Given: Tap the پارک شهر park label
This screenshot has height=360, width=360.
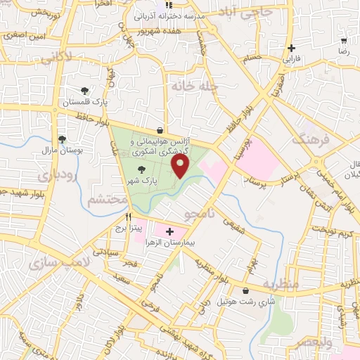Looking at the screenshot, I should pos(143,181).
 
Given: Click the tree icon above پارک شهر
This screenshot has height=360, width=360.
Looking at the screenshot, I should pos(143,169).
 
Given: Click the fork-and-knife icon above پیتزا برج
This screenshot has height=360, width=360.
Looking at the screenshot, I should pos(128,217).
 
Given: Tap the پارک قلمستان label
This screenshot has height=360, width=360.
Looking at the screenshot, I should pos(85,103).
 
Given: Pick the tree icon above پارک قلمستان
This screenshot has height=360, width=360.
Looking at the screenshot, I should pos(85,91).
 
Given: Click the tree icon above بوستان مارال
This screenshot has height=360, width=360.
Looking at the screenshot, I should pos(63,139).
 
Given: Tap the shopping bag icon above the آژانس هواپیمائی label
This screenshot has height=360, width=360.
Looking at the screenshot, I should pos(160,129).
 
